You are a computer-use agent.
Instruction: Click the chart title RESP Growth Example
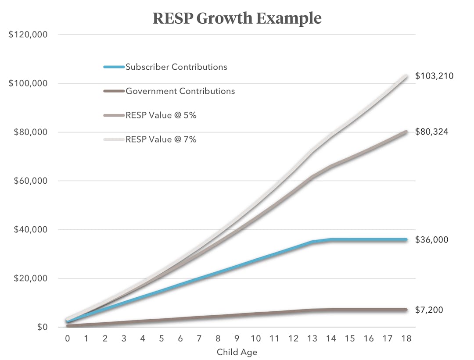tap(237, 18)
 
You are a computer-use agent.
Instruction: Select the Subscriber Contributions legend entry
tap(176, 67)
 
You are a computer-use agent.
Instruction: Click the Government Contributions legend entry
tap(180, 91)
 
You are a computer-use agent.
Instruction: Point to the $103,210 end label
tap(434, 76)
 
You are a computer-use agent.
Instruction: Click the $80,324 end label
tap(431, 132)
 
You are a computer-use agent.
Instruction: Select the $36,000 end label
tap(431, 240)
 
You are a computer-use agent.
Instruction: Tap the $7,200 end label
tap(429, 310)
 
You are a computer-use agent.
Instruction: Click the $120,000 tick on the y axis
tap(28, 35)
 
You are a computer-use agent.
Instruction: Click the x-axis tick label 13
tap(312, 339)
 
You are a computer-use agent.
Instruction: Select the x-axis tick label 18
tap(406, 339)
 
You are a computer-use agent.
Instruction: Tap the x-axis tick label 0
tap(68, 339)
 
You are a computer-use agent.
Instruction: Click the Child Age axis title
tap(237, 352)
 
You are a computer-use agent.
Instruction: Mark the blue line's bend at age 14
tap(331, 239)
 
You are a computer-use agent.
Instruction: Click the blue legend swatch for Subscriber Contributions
tap(114, 67)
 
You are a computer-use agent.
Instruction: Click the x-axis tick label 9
tap(237, 339)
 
